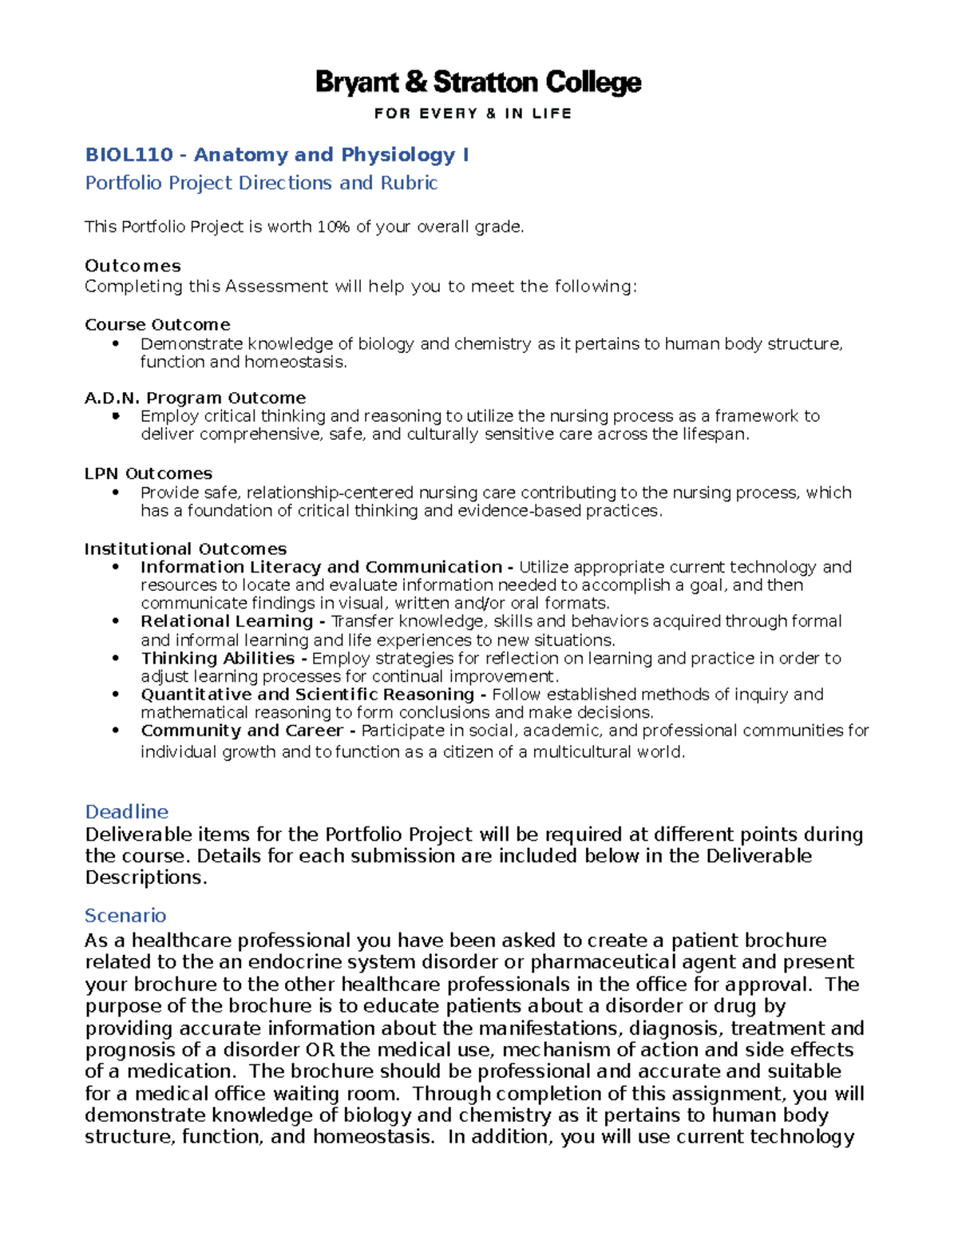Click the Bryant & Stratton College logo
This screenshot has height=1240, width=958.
(478, 83)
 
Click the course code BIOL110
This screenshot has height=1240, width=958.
(129, 155)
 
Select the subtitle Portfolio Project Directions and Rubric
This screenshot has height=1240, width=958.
(261, 183)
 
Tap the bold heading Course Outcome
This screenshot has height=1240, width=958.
(157, 325)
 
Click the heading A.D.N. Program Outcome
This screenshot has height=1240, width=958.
(195, 398)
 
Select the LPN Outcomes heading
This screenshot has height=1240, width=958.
(148, 473)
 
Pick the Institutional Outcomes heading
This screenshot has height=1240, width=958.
(185, 549)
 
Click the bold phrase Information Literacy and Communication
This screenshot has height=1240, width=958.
(322, 567)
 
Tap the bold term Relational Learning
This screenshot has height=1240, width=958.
(227, 621)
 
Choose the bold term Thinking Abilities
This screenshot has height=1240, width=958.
(218, 658)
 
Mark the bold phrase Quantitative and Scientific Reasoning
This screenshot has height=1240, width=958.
(307, 695)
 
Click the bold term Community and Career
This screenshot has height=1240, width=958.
(242, 731)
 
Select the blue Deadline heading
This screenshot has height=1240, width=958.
(127, 812)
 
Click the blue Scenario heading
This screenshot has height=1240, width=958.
(125, 915)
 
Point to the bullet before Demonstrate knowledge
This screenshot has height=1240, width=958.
(117, 344)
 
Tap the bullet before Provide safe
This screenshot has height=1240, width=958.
(117, 493)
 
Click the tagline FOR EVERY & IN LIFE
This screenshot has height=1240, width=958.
(473, 113)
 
